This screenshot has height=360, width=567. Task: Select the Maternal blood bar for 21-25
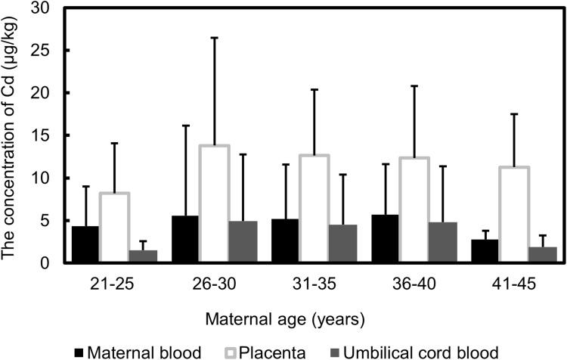(85, 244)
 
